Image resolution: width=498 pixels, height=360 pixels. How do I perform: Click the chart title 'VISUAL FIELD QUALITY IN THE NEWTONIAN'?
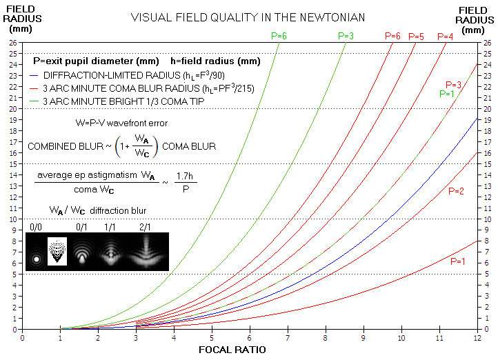248,17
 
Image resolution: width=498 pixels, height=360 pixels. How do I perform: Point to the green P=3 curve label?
346,35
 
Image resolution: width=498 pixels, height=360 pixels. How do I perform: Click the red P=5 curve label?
416,36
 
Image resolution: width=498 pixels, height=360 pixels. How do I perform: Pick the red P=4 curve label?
446,36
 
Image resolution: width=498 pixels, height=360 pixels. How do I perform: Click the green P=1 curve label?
446,93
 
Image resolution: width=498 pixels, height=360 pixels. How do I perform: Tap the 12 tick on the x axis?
477,338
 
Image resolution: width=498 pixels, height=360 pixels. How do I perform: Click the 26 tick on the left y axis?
13,43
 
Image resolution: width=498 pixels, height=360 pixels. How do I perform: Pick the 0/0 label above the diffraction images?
37,226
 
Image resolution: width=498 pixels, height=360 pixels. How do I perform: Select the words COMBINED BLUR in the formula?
61,147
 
